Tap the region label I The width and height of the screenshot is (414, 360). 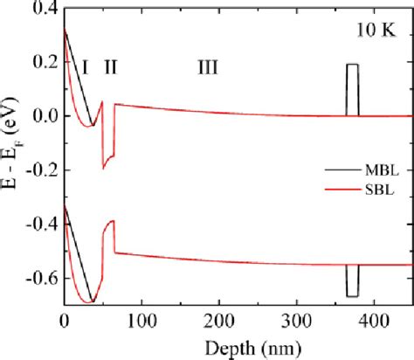[86, 66]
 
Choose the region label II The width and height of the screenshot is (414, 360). [112, 66]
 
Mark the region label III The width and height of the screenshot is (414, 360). [207, 66]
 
